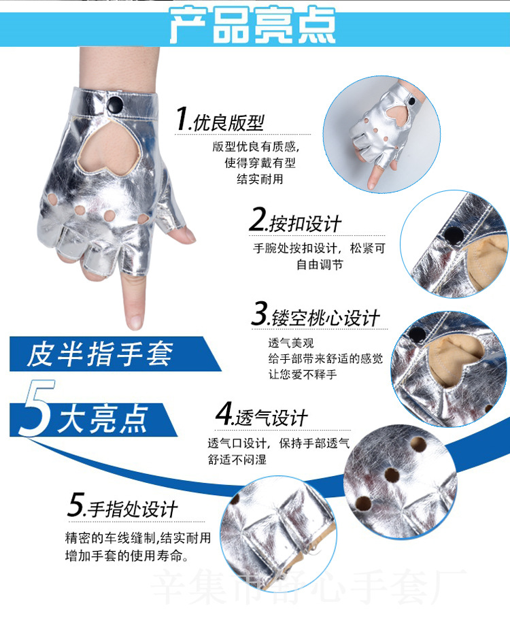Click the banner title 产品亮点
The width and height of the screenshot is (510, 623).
[252, 26]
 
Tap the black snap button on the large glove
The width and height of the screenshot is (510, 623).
[117, 103]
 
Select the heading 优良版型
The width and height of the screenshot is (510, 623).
[228, 122]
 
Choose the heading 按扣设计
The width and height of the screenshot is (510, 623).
[305, 223]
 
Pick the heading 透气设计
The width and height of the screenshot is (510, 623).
[272, 416]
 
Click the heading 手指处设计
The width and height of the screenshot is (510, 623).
[131, 508]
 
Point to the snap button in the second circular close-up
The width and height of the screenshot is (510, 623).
[451, 235]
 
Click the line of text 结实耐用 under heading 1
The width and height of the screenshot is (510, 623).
[260, 180]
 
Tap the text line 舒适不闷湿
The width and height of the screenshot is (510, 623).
[237, 459]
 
